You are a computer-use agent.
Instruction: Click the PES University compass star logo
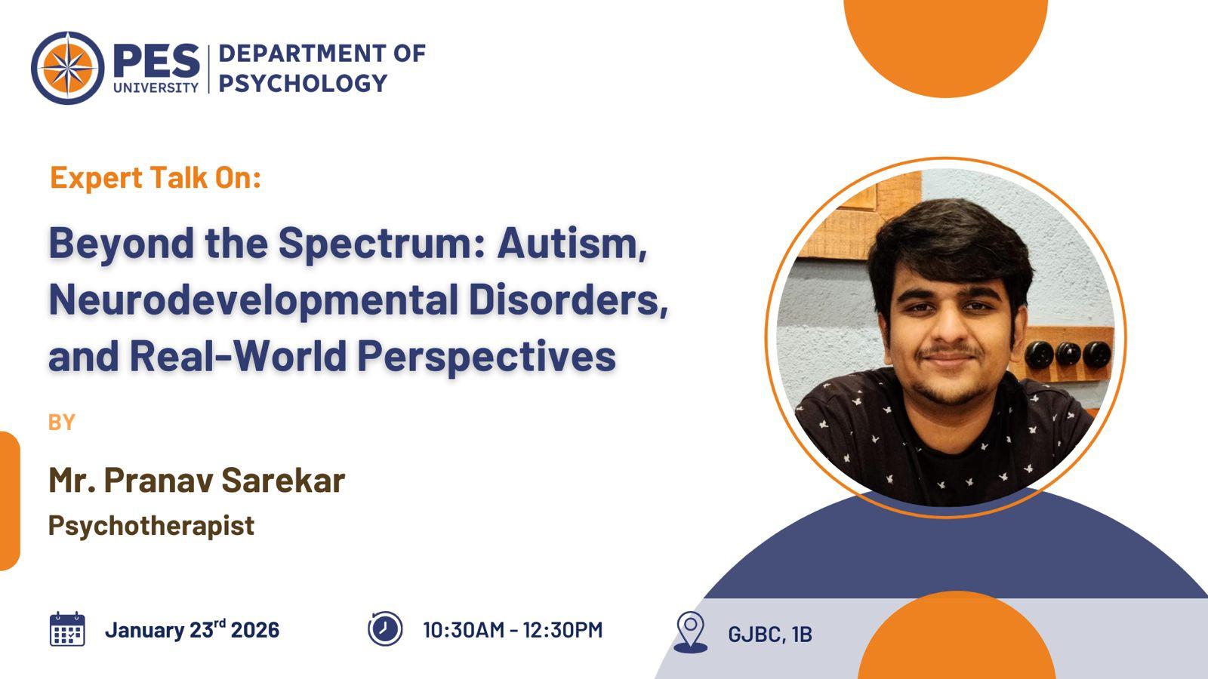pos(68,68)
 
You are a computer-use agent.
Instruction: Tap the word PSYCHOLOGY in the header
pos(303,84)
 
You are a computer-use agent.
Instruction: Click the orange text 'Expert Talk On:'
pos(156,178)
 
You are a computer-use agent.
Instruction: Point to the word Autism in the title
pos(572,243)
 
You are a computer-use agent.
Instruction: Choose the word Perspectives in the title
pos(486,357)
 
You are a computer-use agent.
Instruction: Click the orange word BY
pos(61,422)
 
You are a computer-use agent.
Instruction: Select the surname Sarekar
pos(283,480)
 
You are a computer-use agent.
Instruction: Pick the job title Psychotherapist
pos(151,526)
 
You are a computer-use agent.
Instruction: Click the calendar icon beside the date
pos(67,629)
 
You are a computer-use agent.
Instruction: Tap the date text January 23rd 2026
pos(192,629)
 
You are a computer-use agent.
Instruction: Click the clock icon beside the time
pos(385,629)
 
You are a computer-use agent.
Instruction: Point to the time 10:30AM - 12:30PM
pos(513,630)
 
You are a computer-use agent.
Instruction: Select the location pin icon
pos(691,632)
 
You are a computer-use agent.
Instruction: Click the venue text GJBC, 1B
pos(770,634)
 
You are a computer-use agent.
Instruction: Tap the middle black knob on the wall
pos(1068,354)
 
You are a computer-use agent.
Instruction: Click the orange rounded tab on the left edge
pos(10,501)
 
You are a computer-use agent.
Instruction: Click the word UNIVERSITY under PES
pos(156,88)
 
